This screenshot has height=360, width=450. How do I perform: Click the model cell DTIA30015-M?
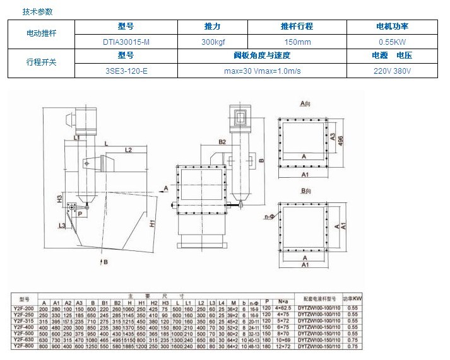126,41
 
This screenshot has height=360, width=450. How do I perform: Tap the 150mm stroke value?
296,41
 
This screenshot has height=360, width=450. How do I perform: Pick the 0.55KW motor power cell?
391,41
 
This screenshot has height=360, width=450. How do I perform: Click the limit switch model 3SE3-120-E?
126,71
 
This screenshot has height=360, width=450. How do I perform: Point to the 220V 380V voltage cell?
391,71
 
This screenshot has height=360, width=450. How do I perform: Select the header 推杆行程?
296,26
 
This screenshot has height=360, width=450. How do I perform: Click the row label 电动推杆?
41,33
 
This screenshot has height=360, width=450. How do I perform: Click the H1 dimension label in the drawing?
153,223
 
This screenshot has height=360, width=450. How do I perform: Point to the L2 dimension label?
128,150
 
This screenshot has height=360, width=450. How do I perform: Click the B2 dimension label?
222,142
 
